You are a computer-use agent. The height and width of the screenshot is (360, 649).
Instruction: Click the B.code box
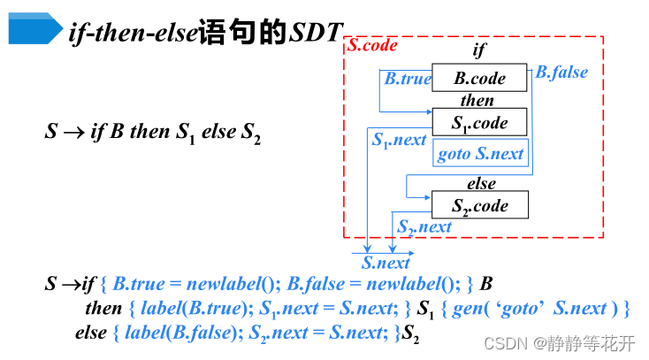click(x=480, y=78)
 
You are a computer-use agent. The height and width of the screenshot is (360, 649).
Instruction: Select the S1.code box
click(x=480, y=122)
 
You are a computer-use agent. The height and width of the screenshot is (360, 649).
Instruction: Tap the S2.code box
click(x=480, y=206)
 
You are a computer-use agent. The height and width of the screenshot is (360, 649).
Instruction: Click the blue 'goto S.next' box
click(x=480, y=154)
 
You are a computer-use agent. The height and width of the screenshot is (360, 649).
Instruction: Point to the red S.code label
click(x=372, y=45)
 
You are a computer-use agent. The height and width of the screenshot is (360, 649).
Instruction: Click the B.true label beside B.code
click(x=408, y=78)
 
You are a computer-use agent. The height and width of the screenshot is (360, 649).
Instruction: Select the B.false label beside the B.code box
click(x=561, y=72)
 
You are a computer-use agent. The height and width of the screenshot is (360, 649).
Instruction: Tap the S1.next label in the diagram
click(x=399, y=140)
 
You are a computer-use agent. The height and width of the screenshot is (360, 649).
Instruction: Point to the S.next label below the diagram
click(x=386, y=262)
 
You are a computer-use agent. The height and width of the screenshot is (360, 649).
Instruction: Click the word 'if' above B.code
click(x=479, y=51)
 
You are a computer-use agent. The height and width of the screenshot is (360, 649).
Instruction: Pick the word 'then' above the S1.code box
click(x=477, y=100)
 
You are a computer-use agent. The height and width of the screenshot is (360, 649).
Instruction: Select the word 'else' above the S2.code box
click(x=481, y=184)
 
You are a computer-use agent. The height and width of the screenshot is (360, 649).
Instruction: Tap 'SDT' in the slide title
click(x=315, y=34)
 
